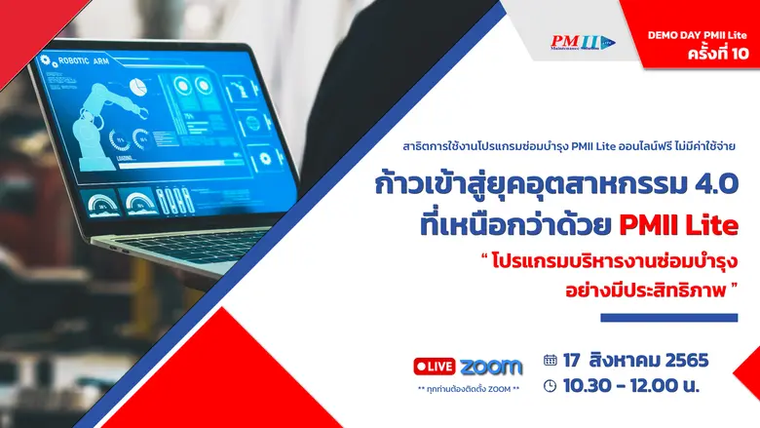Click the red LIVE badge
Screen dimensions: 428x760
(435, 367)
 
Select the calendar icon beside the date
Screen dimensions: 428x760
(551, 360)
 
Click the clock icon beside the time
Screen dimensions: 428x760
(551, 385)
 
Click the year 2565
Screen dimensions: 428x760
(683, 360)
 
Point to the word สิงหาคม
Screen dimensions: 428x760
(625, 360)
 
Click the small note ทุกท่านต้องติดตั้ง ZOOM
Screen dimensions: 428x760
(467, 389)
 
